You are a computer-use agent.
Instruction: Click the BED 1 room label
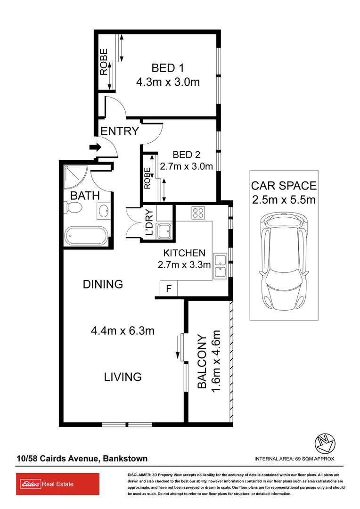point(167,67)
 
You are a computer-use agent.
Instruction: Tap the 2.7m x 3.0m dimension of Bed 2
point(186,166)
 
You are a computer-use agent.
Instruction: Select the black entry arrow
point(95,147)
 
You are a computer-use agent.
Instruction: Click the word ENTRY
point(120,131)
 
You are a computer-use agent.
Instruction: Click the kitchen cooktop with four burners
point(197,213)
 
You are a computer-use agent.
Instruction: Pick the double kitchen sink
point(220,265)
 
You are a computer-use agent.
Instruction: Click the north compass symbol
point(325,442)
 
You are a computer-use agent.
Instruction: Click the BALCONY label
point(202,362)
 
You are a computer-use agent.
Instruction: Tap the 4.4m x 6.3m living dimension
point(123,331)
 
